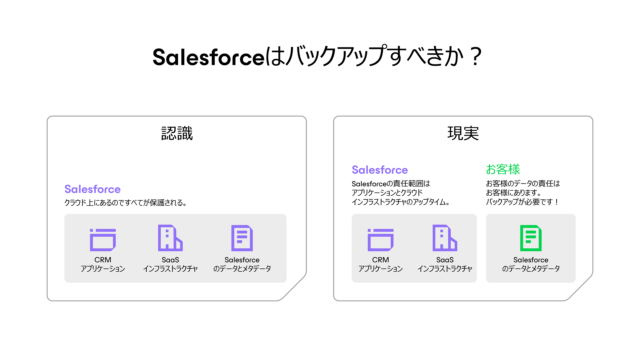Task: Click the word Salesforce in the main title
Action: pyautogui.click(x=208, y=57)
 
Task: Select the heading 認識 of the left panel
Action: pyautogui.click(x=177, y=133)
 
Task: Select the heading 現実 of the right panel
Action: pyautogui.click(x=463, y=133)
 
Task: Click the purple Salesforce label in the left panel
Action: pyautogui.click(x=92, y=189)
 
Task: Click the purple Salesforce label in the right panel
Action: pyautogui.click(x=380, y=170)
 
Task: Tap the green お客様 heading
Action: pyautogui.click(x=503, y=169)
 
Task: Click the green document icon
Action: pyautogui.click(x=531, y=238)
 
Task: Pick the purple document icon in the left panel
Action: pyautogui.click(x=242, y=238)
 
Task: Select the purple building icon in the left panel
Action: pyautogui.click(x=170, y=238)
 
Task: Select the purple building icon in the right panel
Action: pyautogui.click(x=445, y=238)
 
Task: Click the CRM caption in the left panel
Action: pyautogui.click(x=103, y=260)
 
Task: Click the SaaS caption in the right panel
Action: pyautogui.click(x=445, y=260)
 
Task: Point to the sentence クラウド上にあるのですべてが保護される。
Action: pyautogui.click(x=125, y=203)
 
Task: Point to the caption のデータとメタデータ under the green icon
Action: pyautogui.click(x=531, y=269)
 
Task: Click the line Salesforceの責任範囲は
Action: pyautogui.click(x=391, y=184)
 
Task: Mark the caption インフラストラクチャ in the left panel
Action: pyautogui.click(x=170, y=269)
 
